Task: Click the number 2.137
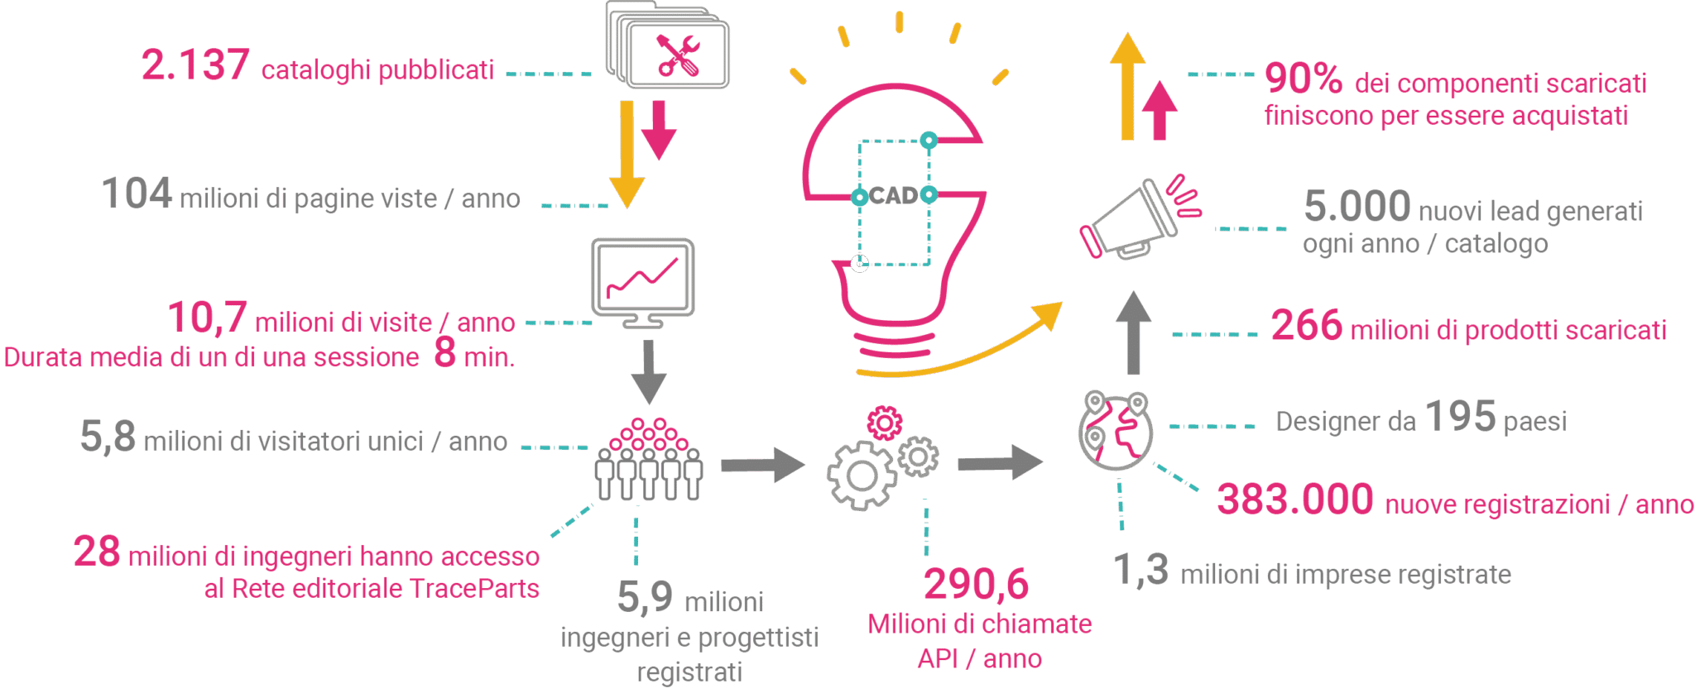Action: click(x=195, y=65)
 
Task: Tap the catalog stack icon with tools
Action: click(x=667, y=45)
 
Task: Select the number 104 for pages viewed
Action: click(x=137, y=194)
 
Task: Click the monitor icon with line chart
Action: click(x=643, y=283)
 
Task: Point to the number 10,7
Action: click(x=207, y=318)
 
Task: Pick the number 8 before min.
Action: click(x=445, y=352)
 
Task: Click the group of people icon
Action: click(x=649, y=459)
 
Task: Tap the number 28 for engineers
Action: click(x=97, y=552)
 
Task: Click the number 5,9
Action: click(x=645, y=596)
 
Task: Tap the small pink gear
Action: click(x=885, y=423)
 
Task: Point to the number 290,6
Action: click(x=977, y=584)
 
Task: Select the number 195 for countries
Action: click(x=1461, y=416)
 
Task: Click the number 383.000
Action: click(x=1295, y=500)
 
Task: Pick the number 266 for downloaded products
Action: click(x=1307, y=325)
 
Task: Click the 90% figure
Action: click(x=1304, y=79)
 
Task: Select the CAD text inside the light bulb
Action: click(x=894, y=196)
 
